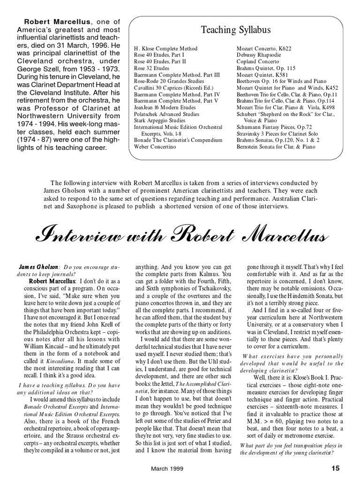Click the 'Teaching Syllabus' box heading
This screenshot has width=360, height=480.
click(236, 30)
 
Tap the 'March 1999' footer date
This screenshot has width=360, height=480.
click(167, 468)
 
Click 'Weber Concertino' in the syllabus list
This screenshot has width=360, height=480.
click(155, 147)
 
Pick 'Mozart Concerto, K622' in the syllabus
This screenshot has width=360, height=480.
click(264, 48)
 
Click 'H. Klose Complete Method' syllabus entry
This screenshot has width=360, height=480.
click(165, 48)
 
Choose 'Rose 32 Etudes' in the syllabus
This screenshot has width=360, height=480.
click(152, 68)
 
